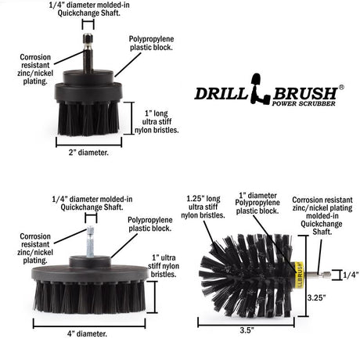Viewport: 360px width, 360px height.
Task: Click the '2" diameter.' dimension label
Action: [x=88, y=153]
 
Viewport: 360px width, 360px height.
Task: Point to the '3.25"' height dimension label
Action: [x=316, y=297]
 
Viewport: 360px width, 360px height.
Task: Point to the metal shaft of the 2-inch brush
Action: [x=88, y=51]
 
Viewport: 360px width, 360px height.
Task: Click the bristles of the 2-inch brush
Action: [x=88, y=116]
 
